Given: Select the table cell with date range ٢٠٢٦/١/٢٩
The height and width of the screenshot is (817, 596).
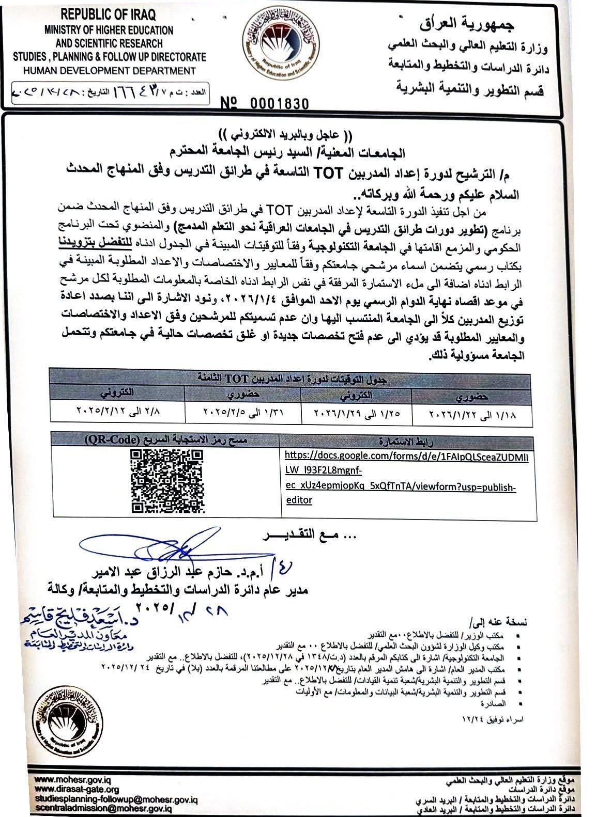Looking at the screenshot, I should pos(356,415).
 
